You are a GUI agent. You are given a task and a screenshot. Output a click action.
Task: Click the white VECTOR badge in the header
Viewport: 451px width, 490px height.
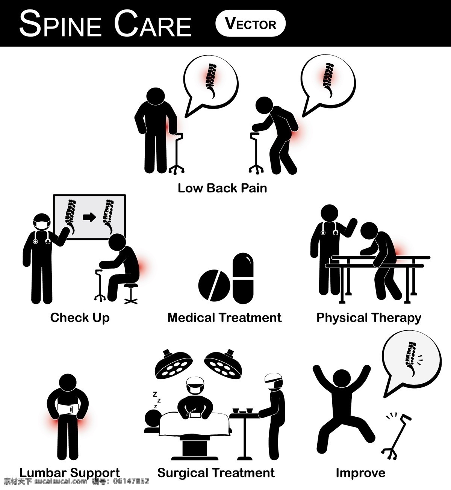[x=250, y=23]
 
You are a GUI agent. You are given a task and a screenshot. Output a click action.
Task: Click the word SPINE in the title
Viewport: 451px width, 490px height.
[x=61, y=24]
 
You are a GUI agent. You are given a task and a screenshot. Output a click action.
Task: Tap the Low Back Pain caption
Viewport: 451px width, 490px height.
[x=222, y=188]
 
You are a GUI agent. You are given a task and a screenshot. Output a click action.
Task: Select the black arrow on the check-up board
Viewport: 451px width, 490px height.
[x=89, y=217]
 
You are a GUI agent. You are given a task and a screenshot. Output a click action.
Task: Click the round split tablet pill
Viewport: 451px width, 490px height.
[x=214, y=285]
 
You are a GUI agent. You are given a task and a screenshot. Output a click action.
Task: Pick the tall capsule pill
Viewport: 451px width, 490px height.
[x=243, y=278]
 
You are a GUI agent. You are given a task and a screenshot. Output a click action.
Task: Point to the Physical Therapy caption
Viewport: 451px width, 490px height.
[x=369, y=318]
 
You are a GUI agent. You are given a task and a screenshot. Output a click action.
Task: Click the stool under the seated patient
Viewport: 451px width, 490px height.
[x=131, y=293]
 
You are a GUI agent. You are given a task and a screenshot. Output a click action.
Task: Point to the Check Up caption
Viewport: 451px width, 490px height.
[x=80, y=318]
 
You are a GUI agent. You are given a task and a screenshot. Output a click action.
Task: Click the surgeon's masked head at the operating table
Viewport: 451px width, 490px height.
[x=195, y=386]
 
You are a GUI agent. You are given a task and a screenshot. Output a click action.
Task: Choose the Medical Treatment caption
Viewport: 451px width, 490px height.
[x=224, y=318]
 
